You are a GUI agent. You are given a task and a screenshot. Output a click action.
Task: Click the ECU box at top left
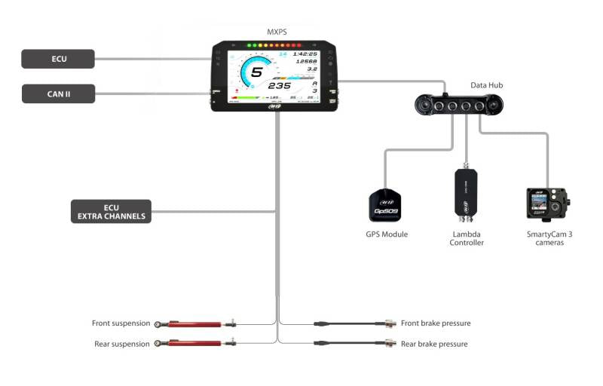58,59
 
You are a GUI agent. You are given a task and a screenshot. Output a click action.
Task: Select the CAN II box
58,94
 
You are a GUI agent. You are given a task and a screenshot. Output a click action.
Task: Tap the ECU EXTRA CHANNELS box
111,211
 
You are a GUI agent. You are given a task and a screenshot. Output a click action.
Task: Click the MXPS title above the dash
277,32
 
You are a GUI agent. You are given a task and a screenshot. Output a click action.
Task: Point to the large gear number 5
257,74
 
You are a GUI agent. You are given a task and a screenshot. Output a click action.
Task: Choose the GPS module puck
384,205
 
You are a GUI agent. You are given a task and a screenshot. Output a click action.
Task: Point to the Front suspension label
121,323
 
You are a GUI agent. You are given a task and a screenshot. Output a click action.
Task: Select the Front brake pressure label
436,323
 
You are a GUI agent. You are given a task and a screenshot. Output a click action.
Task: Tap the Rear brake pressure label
434,344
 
